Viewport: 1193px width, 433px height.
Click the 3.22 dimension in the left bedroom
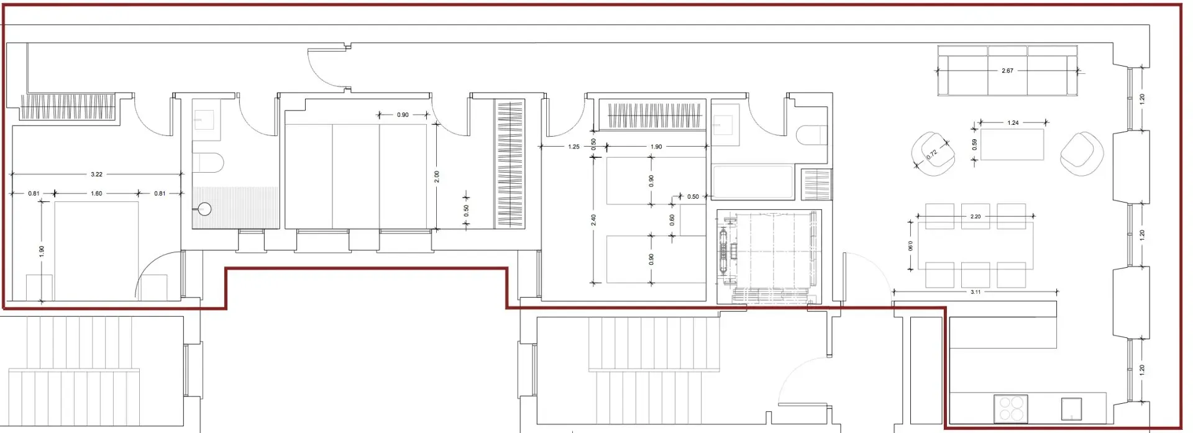(x=96, y=175)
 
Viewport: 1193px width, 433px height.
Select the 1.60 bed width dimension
(x=96, y=194)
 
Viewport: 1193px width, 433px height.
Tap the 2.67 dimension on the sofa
(x=1007, y=71)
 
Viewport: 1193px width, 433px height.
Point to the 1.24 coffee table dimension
(x=1013, y=123)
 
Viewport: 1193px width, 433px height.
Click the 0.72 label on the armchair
(x=932, y=154)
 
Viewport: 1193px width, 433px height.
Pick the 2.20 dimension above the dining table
(x=976, y=217)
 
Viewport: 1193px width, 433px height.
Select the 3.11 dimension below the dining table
(x=976, y=292)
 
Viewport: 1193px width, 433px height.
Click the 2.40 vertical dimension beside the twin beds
(x=593, y=220)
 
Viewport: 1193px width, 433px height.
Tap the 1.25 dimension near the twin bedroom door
(x=574, y=147)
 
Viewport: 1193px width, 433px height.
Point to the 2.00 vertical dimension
(x=437, y=176)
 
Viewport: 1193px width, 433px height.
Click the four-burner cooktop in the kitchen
(x=1010, y=409)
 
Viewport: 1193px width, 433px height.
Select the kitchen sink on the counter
(x=1071, y=409)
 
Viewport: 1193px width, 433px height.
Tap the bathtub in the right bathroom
(x=752, y=182)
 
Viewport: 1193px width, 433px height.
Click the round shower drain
(x=205, y=209)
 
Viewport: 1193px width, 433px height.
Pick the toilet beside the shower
(x=208, y=163)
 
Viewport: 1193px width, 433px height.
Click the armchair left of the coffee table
(x=933, y=153)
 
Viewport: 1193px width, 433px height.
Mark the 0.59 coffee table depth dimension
(x=974, y=144)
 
